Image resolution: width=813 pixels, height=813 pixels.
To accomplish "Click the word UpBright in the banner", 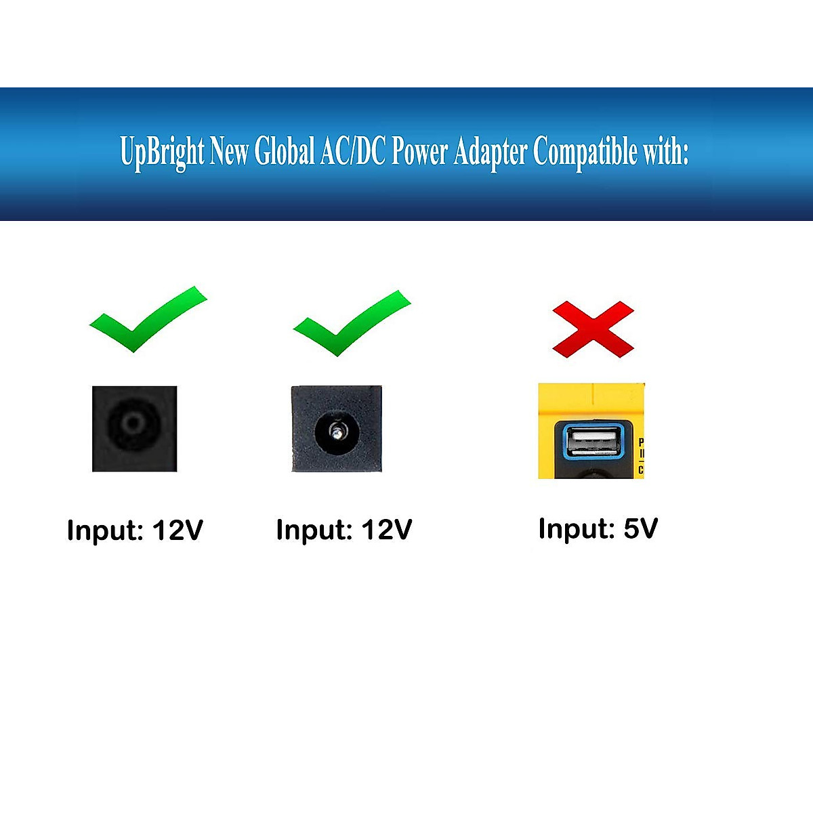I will tap(162, 152).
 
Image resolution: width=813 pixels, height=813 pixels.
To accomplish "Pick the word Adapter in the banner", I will tap(490, 152).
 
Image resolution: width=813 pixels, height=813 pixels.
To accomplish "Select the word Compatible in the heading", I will tap(585, 152).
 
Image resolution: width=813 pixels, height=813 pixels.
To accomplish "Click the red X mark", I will tap(593, 329).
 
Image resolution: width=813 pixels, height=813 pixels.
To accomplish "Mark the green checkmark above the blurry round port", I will tap(145, 320).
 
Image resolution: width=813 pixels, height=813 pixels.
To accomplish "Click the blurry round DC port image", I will tap(134, 428).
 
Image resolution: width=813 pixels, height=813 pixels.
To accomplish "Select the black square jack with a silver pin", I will tap(337, 429).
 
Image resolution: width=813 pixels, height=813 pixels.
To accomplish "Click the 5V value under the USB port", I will tap(640, 528).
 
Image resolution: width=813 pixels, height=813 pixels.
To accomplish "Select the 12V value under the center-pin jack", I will tap(386, 530).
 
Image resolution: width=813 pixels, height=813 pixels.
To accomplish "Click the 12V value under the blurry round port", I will tap(178, 530).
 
